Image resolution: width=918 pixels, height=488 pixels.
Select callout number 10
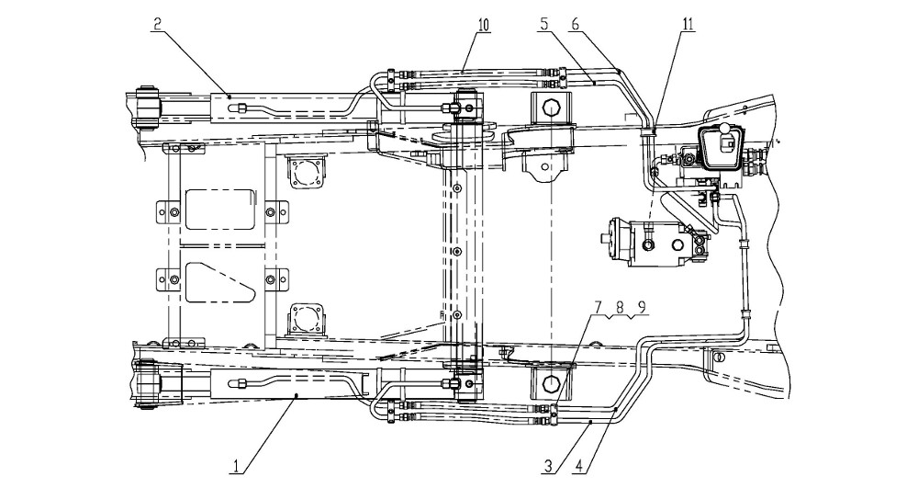point(484,24)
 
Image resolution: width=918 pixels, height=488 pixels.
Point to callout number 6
point(575,24)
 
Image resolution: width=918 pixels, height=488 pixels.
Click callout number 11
point(688,24)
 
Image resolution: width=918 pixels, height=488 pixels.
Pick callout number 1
point(236,466)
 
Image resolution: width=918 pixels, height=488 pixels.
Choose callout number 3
point(548,466)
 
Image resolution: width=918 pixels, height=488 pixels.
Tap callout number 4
point(578,466)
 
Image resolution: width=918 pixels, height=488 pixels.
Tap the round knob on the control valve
point(725,131)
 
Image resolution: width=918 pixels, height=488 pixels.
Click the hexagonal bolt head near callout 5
point(552,108)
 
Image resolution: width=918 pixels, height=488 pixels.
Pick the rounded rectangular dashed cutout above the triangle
point(220,209)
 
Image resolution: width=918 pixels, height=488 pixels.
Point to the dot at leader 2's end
point(229,96)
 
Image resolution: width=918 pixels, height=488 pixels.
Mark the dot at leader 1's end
point(297,396)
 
